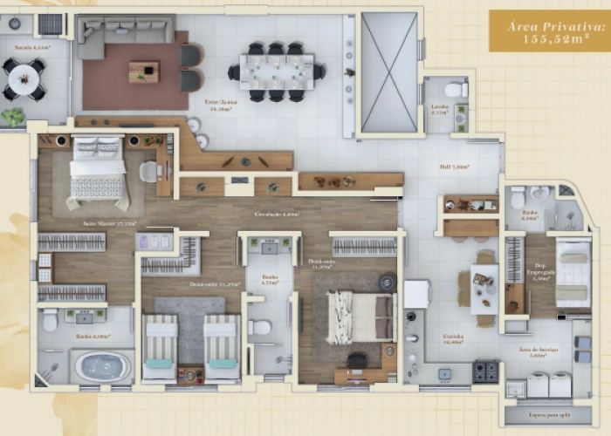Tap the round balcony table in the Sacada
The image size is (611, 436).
tap(21, 78)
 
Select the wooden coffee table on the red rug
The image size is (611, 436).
tap(143, 72)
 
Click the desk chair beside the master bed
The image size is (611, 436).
tap(148, 171)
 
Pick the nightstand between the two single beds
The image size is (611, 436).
tap(190, 374)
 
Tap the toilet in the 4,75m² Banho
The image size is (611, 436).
tap(260, 328)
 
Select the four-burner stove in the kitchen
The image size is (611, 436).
tap(485, 371)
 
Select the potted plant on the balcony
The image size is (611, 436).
tap(13, 116)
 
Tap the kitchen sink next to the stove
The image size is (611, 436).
tap(443, 372)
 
